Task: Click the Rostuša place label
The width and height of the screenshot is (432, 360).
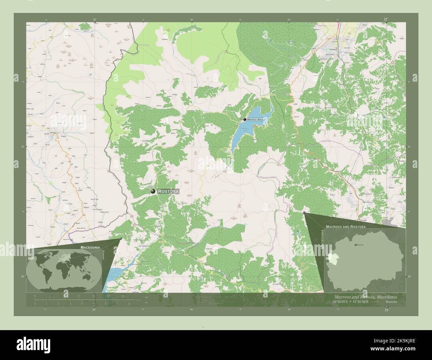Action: click(168, 191)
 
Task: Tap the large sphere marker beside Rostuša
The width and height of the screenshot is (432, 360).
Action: click(153, 191)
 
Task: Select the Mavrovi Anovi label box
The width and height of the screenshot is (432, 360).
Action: click(256, 119)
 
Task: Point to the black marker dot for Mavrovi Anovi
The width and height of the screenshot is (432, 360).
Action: click(245, 119)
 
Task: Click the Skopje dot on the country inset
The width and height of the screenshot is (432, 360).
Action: click(356, 245)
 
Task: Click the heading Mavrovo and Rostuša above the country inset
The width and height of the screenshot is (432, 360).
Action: click(346, 226)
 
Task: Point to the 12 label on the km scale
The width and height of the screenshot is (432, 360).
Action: click(123, 296)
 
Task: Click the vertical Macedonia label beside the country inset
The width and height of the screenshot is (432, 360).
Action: click(322, 239)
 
